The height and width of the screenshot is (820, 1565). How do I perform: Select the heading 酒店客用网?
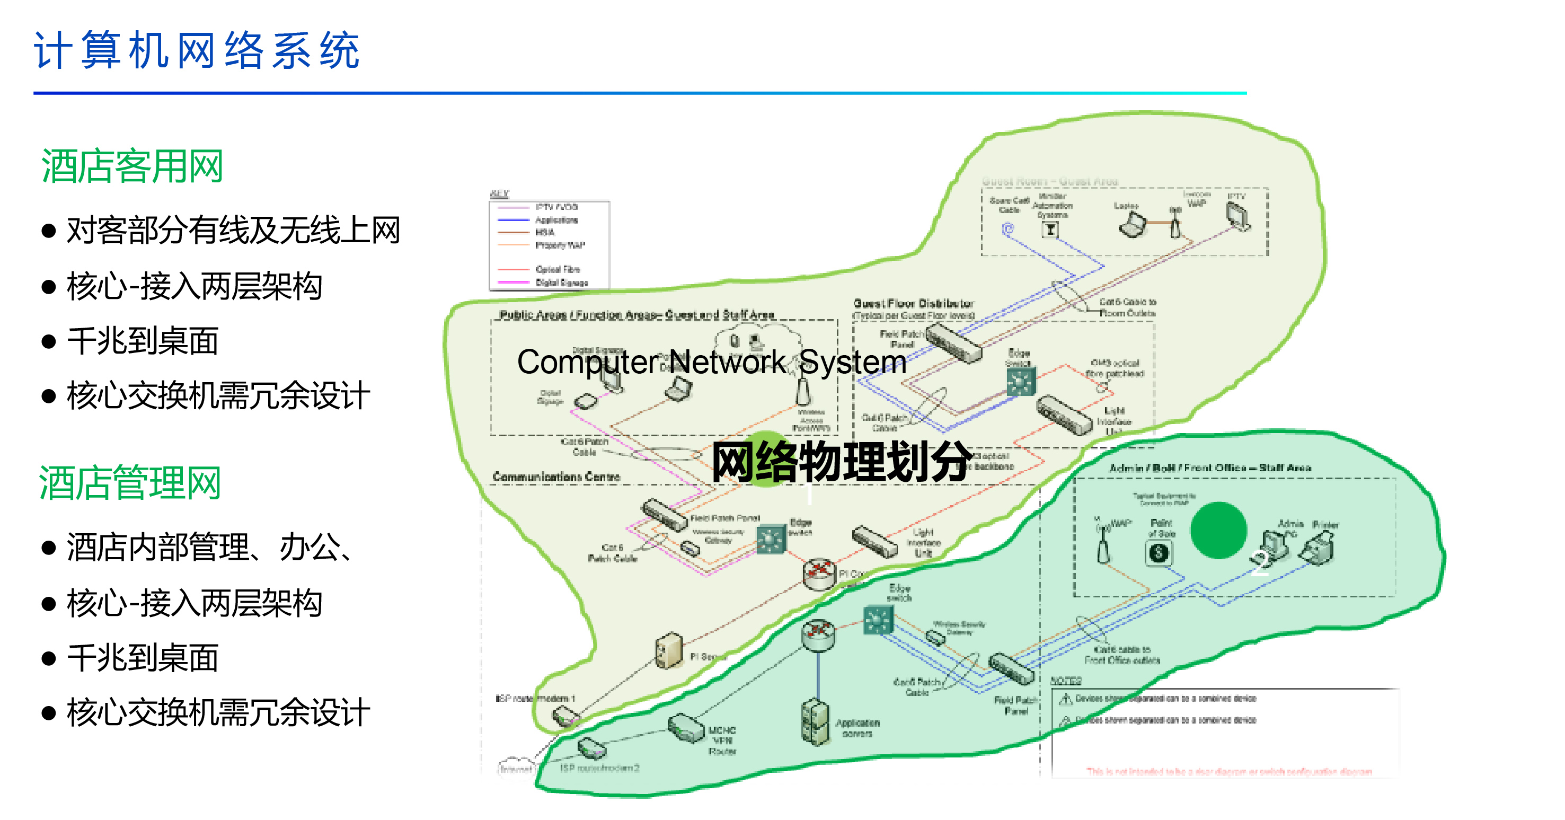coord(132,166)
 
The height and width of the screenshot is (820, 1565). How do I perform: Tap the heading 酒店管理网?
coord(130,483)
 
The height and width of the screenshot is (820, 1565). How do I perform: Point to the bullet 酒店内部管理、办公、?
coord(209,548)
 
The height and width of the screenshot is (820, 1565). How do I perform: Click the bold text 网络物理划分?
coord(842,462)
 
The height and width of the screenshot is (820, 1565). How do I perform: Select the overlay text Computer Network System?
coord(711,362)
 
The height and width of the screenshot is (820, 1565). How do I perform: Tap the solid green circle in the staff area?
coord(1218,530)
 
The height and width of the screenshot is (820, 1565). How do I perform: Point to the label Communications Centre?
coord(556,477)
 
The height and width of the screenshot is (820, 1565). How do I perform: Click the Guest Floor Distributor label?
coord(913,303)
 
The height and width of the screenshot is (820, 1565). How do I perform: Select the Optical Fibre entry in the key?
coord(557,269)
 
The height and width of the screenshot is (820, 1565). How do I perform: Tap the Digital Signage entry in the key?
coord(561,283)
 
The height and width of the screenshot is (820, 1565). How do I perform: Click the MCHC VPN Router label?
coord(722,740)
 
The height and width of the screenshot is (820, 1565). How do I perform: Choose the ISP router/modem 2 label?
coord(599,769)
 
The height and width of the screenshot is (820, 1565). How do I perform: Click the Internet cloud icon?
coord(516,768)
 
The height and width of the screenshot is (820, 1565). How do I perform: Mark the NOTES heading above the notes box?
coord(1066,680)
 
